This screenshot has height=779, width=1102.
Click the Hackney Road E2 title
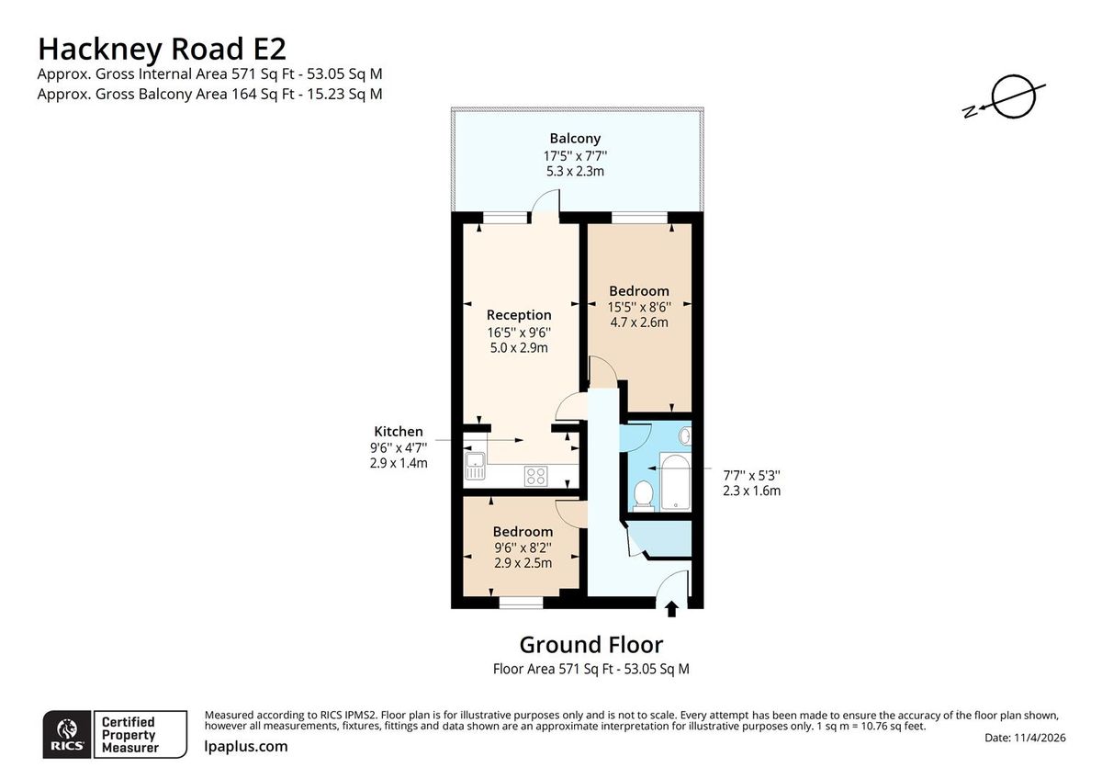tap(167, 47)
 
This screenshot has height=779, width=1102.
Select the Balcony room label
tap(575, 139)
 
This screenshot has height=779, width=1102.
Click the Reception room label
tap(519, 315)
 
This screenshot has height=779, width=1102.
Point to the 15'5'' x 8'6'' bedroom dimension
tap(639, 307)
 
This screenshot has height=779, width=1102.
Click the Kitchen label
tap(398, 431)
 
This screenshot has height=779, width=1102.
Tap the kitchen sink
tap(475, 466)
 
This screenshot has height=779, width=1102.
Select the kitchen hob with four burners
tap(536, 475)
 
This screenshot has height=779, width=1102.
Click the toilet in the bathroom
tap(644, 494)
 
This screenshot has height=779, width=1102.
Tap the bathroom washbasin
tap(683, 435)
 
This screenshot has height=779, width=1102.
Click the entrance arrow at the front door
tap(671, 607)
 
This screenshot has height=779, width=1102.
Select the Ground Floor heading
tap(590, 644)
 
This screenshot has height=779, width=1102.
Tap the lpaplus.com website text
tap(245, 746)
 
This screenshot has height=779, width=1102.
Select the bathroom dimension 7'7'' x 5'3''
tap(751, 475)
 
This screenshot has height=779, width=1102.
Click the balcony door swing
tap(547, 202)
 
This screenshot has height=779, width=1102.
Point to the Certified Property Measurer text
tap(129, 735)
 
